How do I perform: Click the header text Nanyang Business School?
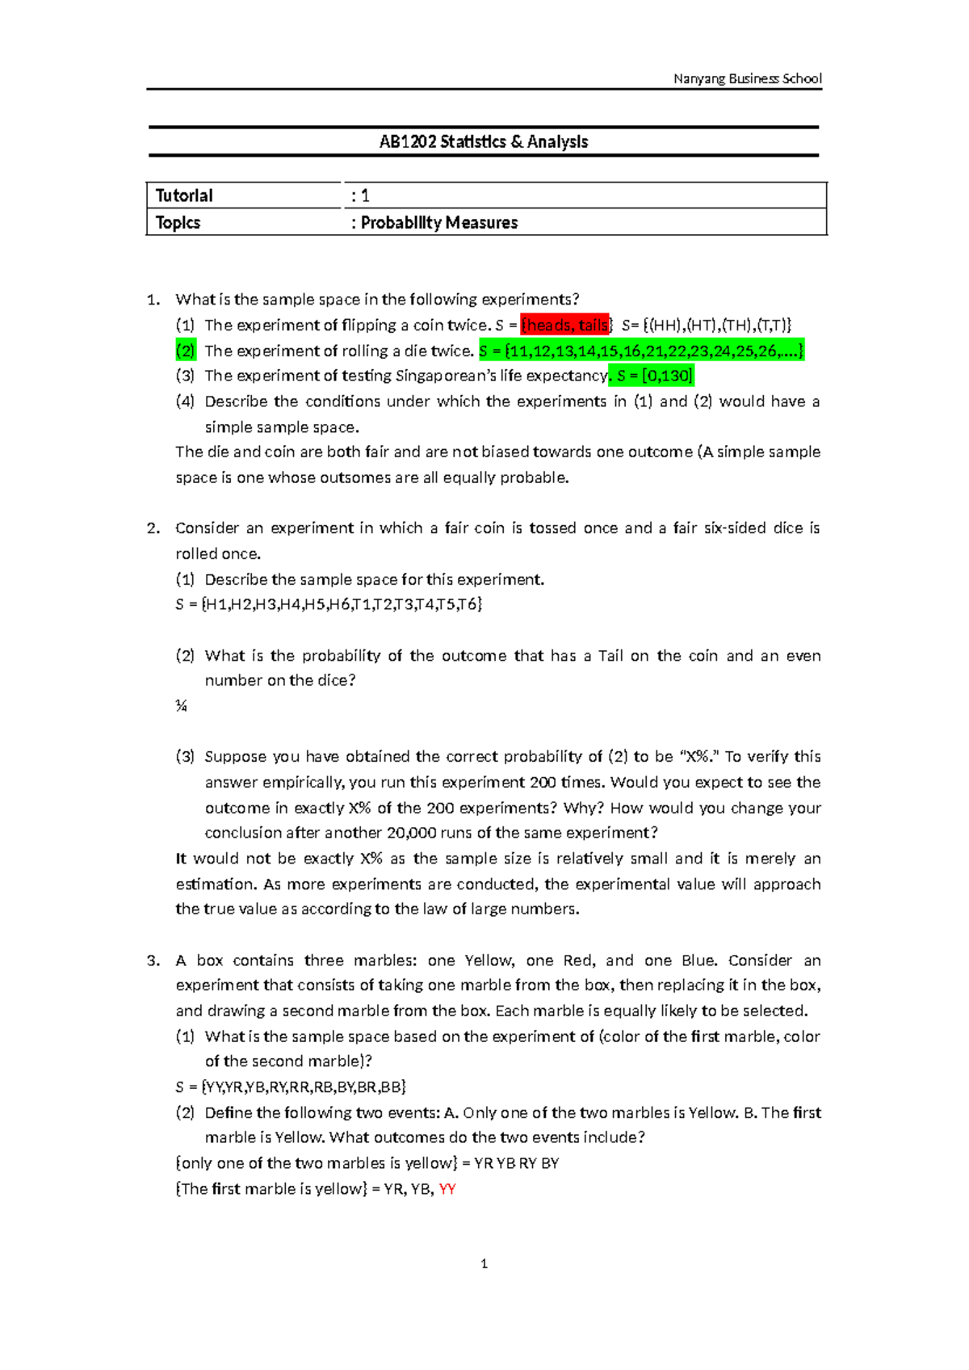(747, 78)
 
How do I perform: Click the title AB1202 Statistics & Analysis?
(484, 142)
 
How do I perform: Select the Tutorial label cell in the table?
(184, 195)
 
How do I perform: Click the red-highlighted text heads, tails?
(565, 326)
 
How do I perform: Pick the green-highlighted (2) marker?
(185, 351)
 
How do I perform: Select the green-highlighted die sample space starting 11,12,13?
(641, 351)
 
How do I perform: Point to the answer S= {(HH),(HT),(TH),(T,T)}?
(707, 326)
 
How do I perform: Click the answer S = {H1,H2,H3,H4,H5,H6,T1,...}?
(329, 604)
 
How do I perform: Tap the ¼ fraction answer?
(181, 706)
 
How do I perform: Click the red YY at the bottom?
(447, 1189)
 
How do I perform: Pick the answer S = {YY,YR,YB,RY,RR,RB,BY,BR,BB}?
(291, 1086)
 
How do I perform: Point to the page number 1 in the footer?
(484, 1264)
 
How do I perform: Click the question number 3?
(153, 960)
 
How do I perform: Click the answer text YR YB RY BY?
(517, 1163)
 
